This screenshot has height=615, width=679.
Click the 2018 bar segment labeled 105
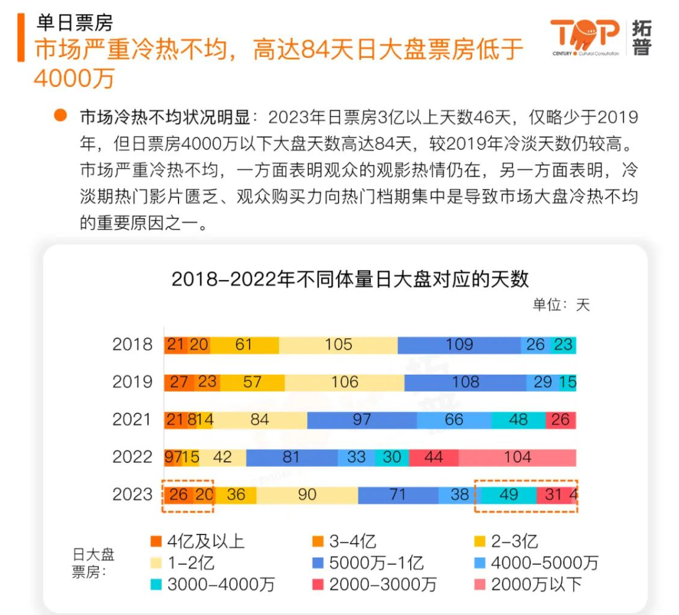coord(339,345)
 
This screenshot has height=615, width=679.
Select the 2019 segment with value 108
coord(465,382)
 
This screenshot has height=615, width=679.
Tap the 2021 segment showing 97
coord(362,420)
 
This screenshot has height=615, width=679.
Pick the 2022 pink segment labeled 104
coord(517,457)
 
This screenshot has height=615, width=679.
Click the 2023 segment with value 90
coord(307,495)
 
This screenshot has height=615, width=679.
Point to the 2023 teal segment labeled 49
coord(509,495)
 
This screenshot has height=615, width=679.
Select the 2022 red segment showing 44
coord(433,457)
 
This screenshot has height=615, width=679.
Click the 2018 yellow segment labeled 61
coord(243,345)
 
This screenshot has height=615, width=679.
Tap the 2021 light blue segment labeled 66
coord(454,420)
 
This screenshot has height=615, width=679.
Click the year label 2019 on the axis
coord(132,382)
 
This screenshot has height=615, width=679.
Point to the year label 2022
coord(132,457)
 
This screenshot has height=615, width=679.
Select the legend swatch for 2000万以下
coord(479,584)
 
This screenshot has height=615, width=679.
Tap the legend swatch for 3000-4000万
coord(155,584)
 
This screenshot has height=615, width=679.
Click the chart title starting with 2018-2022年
coord(350,279)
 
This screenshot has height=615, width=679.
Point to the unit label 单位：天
coord(560,305)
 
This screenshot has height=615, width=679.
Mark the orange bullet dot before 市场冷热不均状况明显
coord(61,116)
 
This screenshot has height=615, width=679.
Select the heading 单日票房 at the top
coord(75,23)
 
